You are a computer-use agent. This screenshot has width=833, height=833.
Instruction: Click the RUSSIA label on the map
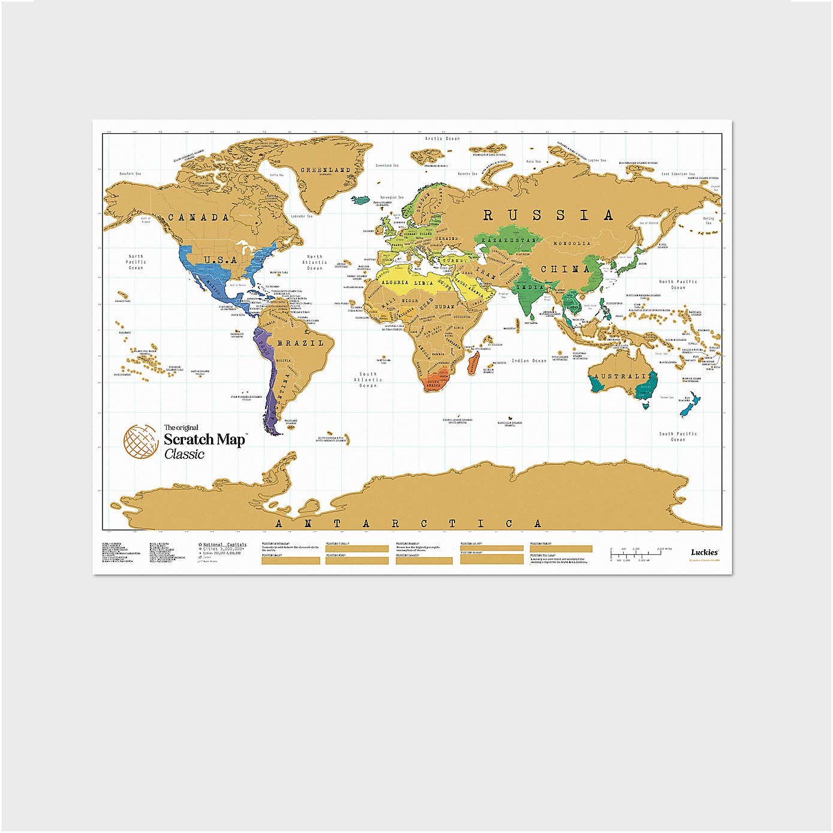tap(548, 215)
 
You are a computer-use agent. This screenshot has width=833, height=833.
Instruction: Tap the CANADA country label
tap(198, 217)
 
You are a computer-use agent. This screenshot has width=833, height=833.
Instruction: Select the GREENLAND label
tap(325, 170)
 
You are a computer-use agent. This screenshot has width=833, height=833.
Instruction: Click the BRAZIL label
tap(299, 344)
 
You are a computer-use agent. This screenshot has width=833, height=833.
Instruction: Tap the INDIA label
tap(530, 287)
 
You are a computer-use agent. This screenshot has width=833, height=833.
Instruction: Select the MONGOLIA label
tap(571, 243)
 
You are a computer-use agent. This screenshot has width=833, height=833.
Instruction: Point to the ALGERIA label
tap(395, 282)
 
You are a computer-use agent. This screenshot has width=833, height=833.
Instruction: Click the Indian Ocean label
tap(529, 361)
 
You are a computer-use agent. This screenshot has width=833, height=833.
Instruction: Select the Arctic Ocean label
tap(442, 139)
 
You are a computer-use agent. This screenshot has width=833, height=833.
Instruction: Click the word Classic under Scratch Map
tap(185, 455)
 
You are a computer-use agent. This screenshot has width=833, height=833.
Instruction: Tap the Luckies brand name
tap(704, 552)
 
